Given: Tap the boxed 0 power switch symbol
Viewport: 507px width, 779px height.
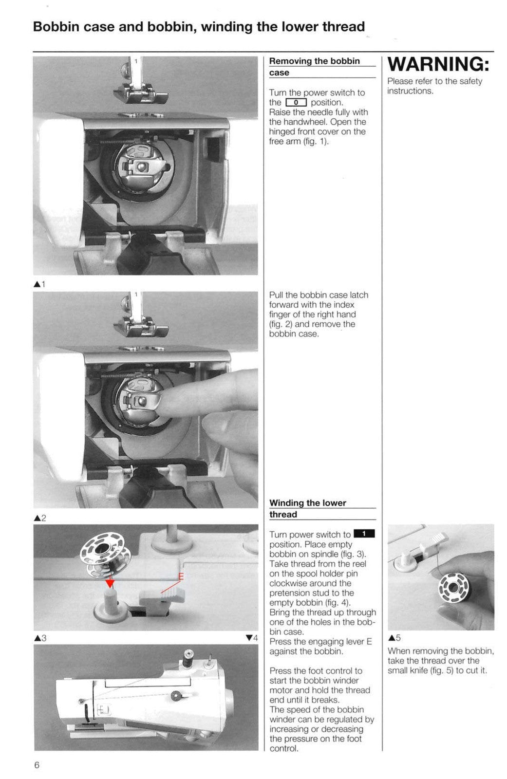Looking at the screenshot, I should coord(296,103).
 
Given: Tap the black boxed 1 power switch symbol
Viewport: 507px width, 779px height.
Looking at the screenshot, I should coord(364,534).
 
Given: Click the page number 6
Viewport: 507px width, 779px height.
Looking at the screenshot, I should coord(37,765).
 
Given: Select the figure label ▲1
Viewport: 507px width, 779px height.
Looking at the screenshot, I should coord(39,284).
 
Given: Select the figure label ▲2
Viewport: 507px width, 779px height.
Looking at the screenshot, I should coord(40,518).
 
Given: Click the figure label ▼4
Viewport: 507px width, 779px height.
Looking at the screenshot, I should coord(252,638).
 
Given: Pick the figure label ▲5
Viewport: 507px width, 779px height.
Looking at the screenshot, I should coord(394,638).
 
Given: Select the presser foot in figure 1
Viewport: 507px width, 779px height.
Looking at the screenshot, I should coord(140,93).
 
